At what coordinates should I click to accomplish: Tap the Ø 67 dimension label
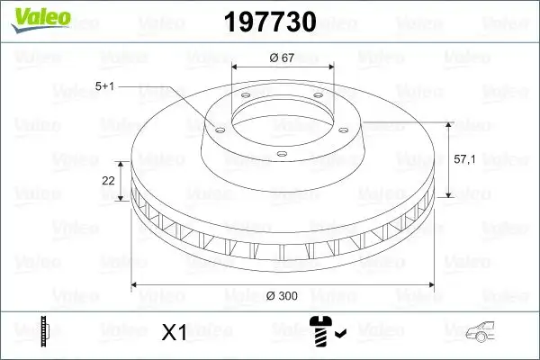point(283,58)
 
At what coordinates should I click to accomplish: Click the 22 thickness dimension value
point(108,181)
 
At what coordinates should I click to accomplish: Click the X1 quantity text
point(172,333)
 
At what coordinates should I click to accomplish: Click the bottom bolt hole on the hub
point(281,156)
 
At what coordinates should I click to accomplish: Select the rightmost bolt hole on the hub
point(346,126)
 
